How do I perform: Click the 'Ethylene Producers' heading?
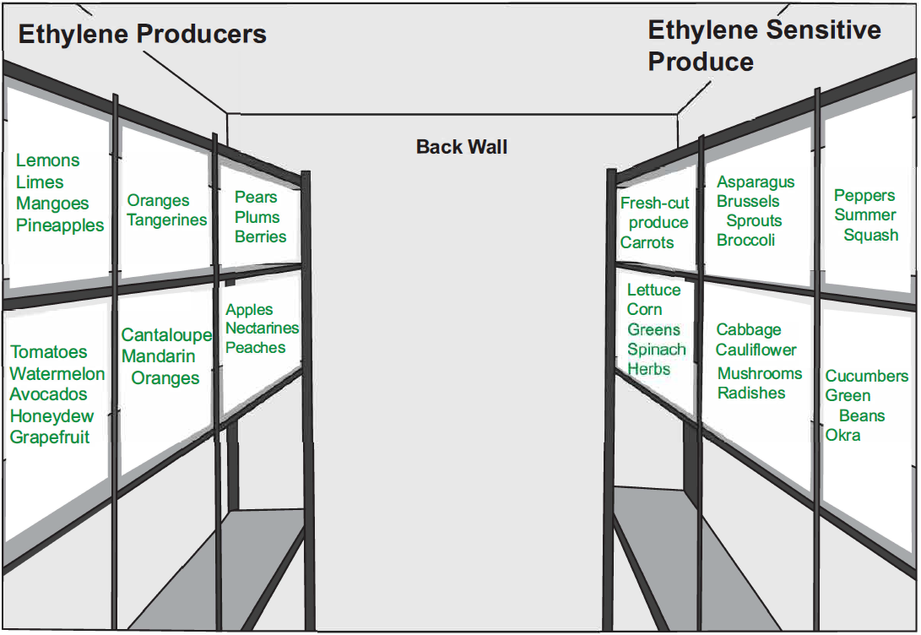tap(142, 34)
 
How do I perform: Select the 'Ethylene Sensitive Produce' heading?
tap(763, 46)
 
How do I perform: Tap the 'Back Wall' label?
tap(462, 147)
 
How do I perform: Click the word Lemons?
tap(48, 160)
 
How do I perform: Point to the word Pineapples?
tap(60, 225)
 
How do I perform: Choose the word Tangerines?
tap(167, 220)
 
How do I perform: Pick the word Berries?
tap(260, 236)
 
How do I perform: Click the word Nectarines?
tap(263, 328)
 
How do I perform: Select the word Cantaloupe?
tap(166, 335)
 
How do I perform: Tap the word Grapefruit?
tap(50, 437)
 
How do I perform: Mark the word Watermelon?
tap(57, 373)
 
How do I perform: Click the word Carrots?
tap(647, 242)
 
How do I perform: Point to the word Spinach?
tap(656, 350)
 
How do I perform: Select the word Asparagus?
tap(756, 182)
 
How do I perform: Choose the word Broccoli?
tap(745, 240)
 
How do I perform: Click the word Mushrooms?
tap(760, 373)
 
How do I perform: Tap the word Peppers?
tap(864, 196)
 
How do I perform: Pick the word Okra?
tap(842, 435)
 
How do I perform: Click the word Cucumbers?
tap(867, 376)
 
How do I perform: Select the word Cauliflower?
tap(756, 350)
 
